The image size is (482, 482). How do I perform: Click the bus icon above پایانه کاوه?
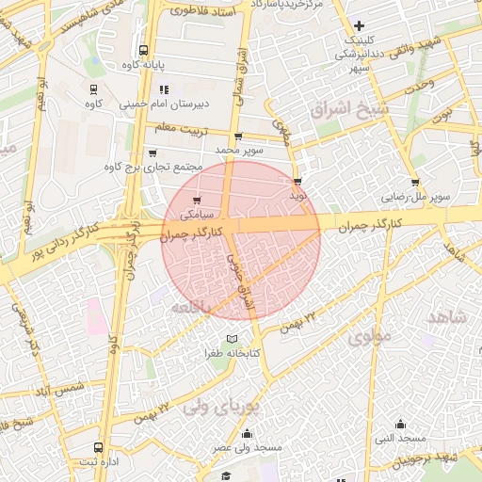pos(142,51)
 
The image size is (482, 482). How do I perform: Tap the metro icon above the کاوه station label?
pos(93,89)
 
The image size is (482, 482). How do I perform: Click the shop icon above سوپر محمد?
pos(237,136)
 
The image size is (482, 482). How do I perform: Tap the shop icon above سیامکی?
pos(197,201)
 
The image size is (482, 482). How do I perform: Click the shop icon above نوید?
pos(297,182)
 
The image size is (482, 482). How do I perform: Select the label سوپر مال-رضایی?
pos(414,198)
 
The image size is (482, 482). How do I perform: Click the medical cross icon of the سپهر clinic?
pos(358,25)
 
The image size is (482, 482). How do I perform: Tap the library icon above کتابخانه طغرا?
pos(232,339)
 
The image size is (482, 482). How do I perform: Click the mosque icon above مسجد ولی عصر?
pos(248,434)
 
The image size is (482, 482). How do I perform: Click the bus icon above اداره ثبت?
pos(99,447)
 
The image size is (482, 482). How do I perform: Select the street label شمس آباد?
pos(56,388)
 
